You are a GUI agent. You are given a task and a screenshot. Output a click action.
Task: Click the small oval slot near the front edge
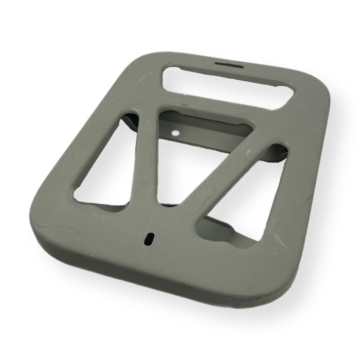coord(150,238)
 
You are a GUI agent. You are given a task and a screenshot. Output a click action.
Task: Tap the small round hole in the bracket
coord(176,133)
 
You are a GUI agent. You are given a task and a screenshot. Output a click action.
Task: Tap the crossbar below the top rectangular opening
coord(216,105)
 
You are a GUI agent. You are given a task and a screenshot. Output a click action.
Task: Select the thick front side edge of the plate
coord(154,278)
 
